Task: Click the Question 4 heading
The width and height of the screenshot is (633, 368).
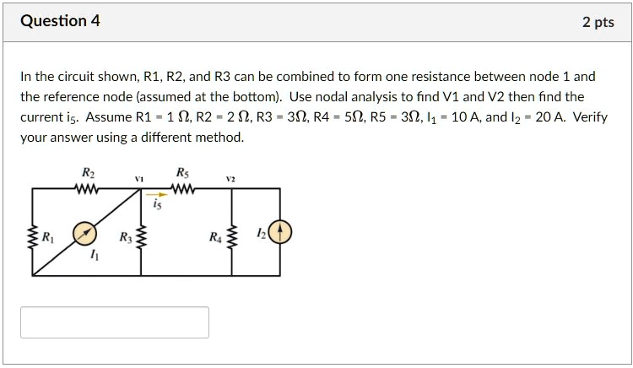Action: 60,21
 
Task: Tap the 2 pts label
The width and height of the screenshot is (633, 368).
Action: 598,22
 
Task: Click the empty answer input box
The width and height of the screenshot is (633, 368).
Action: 115,322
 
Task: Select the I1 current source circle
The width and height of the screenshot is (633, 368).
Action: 83,232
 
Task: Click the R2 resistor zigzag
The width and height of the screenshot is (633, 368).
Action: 88,190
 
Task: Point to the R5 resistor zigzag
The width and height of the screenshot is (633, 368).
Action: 183,190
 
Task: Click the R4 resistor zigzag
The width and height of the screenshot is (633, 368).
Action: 232,235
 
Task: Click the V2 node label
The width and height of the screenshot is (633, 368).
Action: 230,178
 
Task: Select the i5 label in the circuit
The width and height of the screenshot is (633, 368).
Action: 157,205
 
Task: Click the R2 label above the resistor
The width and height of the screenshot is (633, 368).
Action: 87,173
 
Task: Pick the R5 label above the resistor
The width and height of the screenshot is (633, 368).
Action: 182,173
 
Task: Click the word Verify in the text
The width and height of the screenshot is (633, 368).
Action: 590,116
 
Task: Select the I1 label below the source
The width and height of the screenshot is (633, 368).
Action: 93,257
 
